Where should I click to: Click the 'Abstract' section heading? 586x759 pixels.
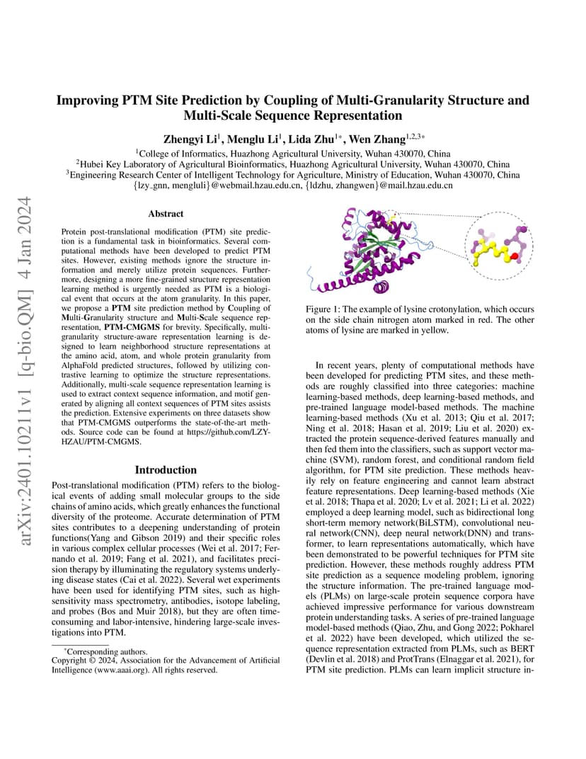coord(166,213)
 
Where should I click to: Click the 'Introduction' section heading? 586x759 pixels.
coord(166,469)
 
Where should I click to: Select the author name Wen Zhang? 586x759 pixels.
coord(382,139)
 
